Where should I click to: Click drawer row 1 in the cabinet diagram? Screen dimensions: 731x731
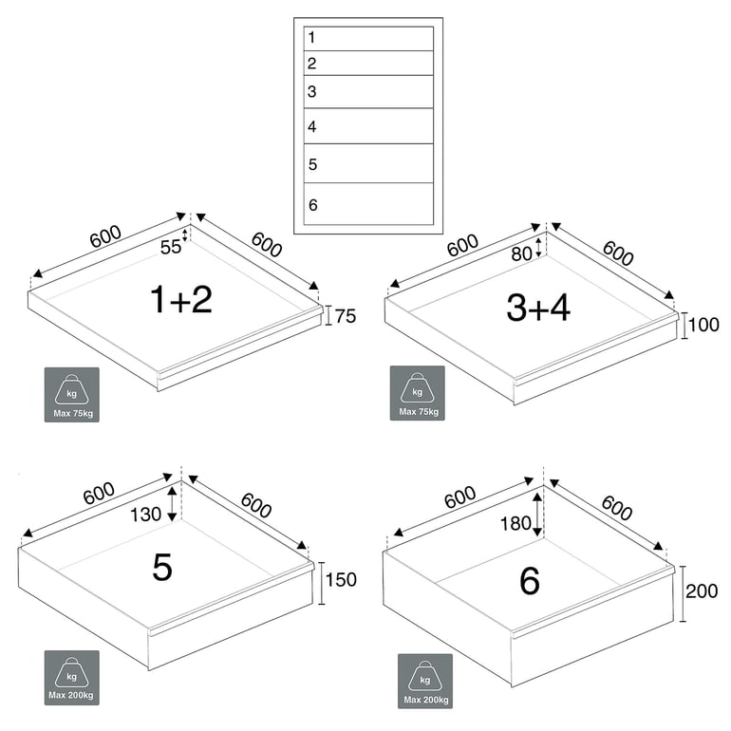tap(368, 38)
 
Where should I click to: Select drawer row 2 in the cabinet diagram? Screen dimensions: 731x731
tap(368, 64)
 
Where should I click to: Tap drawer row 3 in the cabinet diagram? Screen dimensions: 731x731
tap(368, 92)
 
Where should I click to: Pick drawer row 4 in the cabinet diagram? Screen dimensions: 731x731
tap(368, 126)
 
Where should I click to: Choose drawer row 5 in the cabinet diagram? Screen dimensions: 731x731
tap(368, 163)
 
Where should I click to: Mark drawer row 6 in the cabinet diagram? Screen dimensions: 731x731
tap(368, 204)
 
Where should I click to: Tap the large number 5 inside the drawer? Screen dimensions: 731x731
tap(162, 568)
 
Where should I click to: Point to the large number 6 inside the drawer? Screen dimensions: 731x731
tap(530, 580)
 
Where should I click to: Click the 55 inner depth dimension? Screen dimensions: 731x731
tap(170, 248)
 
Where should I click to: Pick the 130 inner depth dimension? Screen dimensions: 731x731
tap(145, 514)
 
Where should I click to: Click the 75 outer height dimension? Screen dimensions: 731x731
tap(346, 317)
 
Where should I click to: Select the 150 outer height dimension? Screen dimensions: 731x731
tap(341, 579)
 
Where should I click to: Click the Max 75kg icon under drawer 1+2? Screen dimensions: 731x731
tap(71, 394)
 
